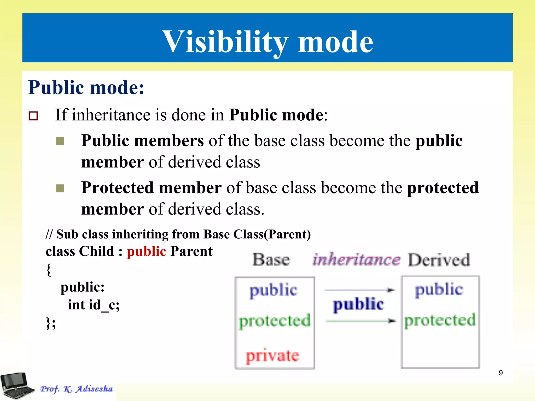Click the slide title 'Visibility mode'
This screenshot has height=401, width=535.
[267, 42]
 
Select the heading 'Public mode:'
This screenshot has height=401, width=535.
[86, 87]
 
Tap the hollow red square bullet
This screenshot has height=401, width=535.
[33, 116]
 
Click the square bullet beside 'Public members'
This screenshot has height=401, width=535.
[60, 141]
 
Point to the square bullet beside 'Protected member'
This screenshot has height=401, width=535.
[60, 188]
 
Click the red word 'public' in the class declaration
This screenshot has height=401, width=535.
[146, 251]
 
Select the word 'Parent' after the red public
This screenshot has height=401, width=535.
[191, 251]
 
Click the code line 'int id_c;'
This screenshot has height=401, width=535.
[94, 305]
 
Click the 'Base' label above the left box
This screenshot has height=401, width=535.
[271, 260]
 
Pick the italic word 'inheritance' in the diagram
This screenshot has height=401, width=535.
[356, 260]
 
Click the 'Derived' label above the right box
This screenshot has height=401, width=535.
[439, 260]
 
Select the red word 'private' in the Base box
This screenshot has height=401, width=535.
[272, 356]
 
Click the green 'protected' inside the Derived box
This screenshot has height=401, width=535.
[440, 320]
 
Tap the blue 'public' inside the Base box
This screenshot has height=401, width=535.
[273, 290]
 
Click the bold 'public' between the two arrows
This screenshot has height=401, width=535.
[358, 304]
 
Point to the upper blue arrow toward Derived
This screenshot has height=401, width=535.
[359, 290]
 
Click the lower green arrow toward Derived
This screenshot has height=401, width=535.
[360, 321]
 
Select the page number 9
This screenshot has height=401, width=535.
[501, 373]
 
